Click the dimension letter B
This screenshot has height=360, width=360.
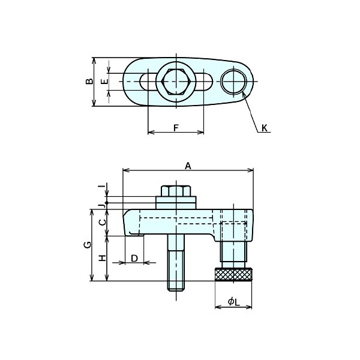point(89,82)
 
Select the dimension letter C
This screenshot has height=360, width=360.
point(101,221)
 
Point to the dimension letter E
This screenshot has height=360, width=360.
point(104,81)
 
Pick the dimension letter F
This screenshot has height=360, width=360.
point(176,128)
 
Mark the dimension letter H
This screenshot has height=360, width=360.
point(101,258)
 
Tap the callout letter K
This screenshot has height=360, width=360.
point(265,128)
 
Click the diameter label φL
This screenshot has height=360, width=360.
point(233,303)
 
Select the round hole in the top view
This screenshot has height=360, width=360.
point(233,82)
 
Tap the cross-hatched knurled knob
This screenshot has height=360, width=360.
point(233,275)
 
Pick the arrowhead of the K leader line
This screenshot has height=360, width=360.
point(243,93)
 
